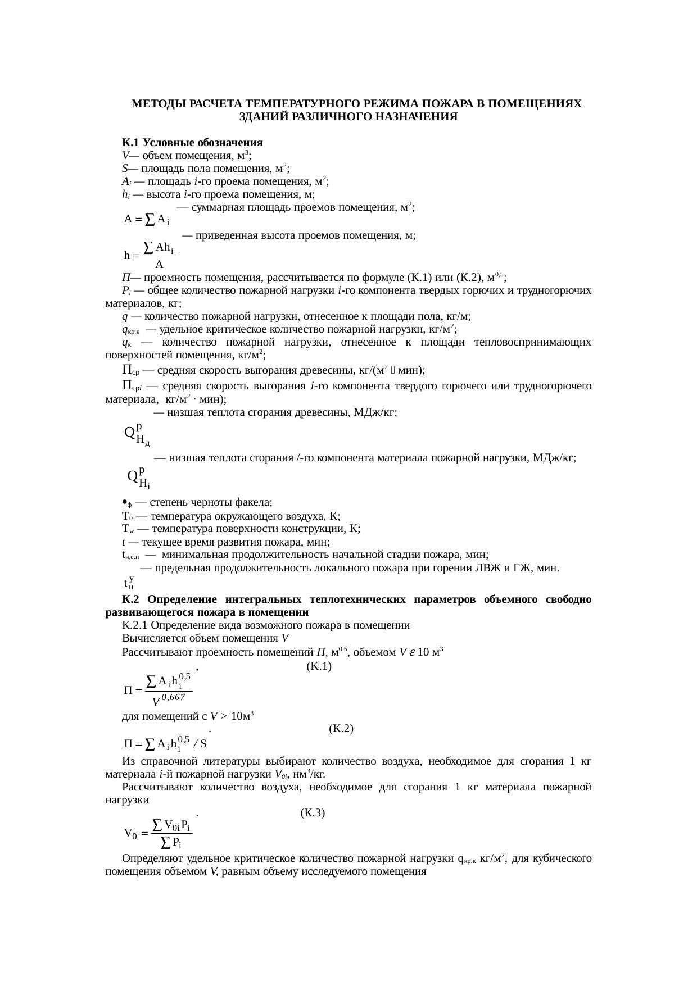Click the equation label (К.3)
tap(313, 812)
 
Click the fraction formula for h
tap(150, 255)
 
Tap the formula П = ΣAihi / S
tap(165, 744)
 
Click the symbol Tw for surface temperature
tap(127, 529)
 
